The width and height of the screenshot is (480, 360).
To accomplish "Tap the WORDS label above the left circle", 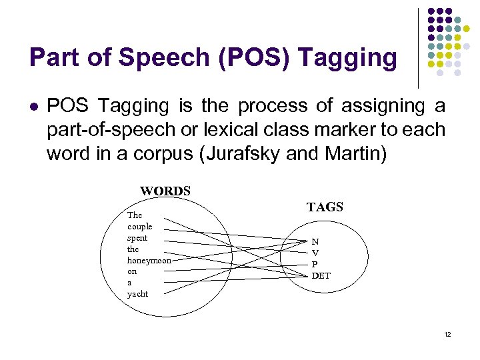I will pos(165,191).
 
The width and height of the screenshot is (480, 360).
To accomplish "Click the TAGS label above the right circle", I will pos(325,207).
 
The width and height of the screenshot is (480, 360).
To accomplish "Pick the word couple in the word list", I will pos(139,227).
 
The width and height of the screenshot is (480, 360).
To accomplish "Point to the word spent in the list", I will pos(137,238).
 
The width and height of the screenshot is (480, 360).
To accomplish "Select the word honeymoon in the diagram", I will pos(149,261).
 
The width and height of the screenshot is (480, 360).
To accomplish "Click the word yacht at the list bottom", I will pos(137,294).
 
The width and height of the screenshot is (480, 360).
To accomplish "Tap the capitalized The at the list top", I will pos(135,215).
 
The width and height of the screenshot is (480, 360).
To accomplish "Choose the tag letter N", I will pos(315,241).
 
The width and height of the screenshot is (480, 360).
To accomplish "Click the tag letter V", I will pos(315,253).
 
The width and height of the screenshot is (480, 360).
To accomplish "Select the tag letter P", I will pos(315,264).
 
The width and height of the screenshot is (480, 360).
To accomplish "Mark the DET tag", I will pos(321,275).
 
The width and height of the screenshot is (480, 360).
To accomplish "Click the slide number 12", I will pos(447,334).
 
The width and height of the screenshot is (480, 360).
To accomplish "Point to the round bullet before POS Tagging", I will pos(33,107).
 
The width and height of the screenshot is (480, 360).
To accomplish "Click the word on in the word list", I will pos(131,272).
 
